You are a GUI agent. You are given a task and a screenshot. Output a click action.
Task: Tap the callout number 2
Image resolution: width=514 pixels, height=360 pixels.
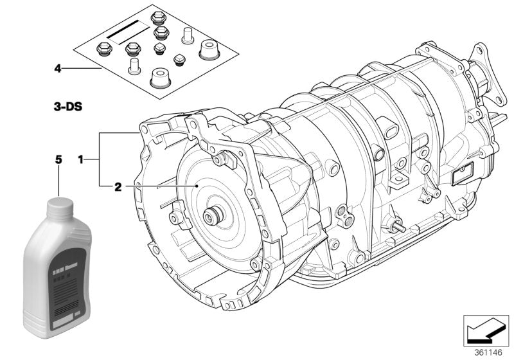click(x=118, y=187)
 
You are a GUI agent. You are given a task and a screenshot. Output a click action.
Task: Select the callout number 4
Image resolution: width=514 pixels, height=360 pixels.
click(x=58, y=67)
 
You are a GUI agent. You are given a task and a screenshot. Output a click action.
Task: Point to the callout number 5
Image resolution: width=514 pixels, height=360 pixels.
click(x=58, y=158)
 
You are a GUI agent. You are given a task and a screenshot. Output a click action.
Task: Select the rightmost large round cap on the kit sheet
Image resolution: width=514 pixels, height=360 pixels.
click(x=209, y=49)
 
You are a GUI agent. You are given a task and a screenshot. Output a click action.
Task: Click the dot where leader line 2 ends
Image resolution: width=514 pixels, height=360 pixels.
click(x=197, y=186)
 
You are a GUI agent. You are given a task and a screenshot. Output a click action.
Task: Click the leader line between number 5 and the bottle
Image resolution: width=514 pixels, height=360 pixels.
click(x=58, y=180)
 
